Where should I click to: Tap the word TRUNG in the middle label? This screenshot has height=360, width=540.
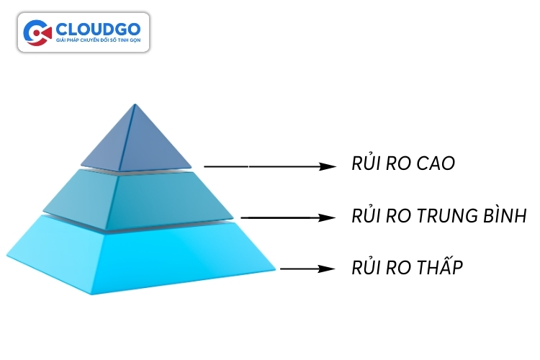pyautogui.click(x=440, y=216)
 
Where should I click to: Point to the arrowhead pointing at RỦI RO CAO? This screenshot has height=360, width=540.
pyautogui.click(x=328, y=166)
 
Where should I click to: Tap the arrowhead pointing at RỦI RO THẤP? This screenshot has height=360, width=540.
pyautogui.click(x=328, y=269)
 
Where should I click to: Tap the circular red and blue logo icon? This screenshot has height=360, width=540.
pyautogui.click(x=37, y=32)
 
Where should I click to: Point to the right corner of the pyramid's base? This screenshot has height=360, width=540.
pyautogui.click(x=275, y=270)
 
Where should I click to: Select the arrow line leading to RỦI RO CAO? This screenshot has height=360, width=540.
pyautogui.click(x=259, y=166)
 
